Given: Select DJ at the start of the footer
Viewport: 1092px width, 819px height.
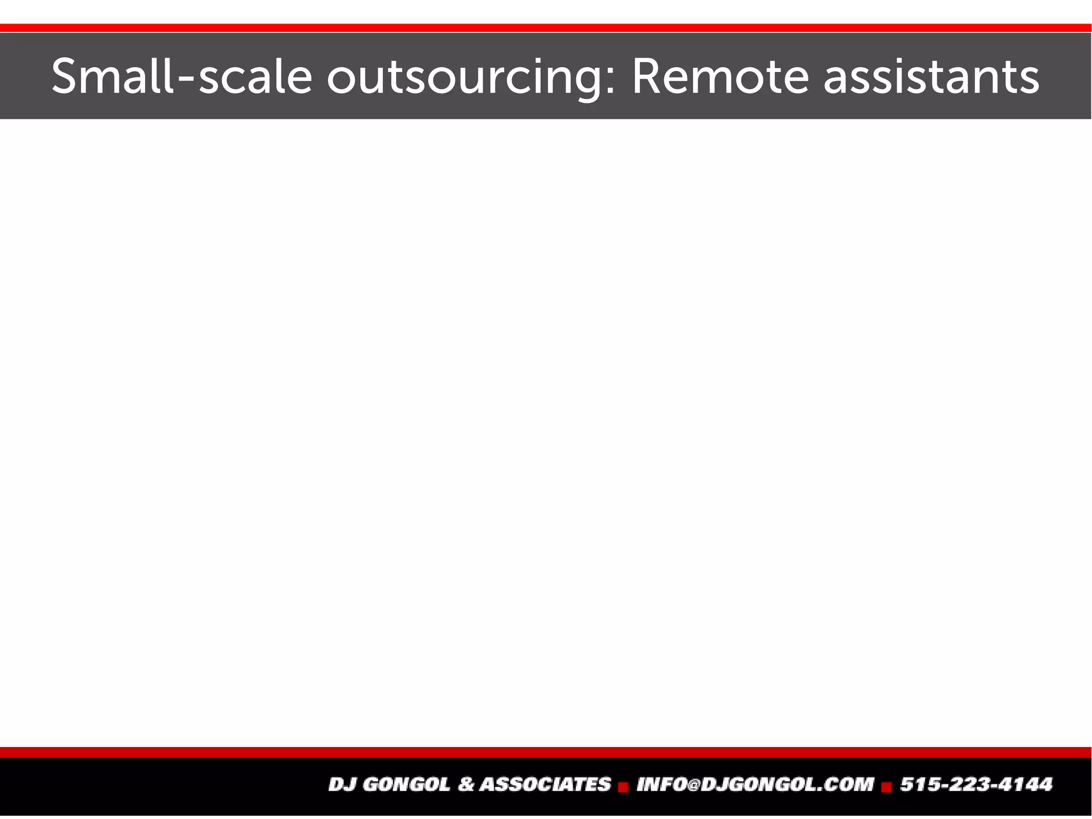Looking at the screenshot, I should pos(341,784).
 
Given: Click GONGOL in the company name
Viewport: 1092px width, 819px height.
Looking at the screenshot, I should pos(406,784).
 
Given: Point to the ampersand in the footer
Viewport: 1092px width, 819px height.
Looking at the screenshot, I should pos(466,784).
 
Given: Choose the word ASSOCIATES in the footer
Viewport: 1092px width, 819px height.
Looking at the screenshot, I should pos(545,784).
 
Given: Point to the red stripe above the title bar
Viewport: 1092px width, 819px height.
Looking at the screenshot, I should pos(546,28).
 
